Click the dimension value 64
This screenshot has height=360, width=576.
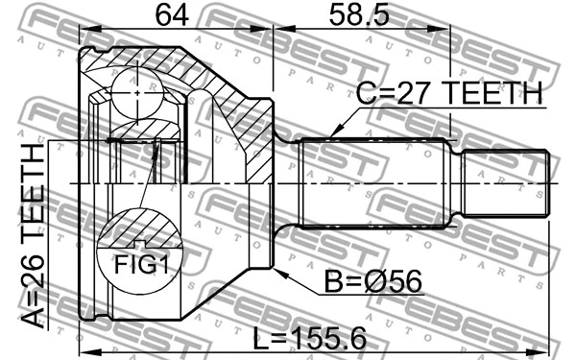(x=172, y=15)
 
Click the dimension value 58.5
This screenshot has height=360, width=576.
(x=358, y=15)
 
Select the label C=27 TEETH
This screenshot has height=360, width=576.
(x=449, y=92)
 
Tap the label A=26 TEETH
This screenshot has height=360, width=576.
(x=33, y=236)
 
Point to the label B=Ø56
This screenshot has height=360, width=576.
(x=372, y=281)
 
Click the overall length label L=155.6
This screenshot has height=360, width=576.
(x=310, y=338)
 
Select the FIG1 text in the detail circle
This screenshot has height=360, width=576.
(x=141, y=265)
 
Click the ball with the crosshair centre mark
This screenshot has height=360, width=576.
(x=136, y=92)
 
